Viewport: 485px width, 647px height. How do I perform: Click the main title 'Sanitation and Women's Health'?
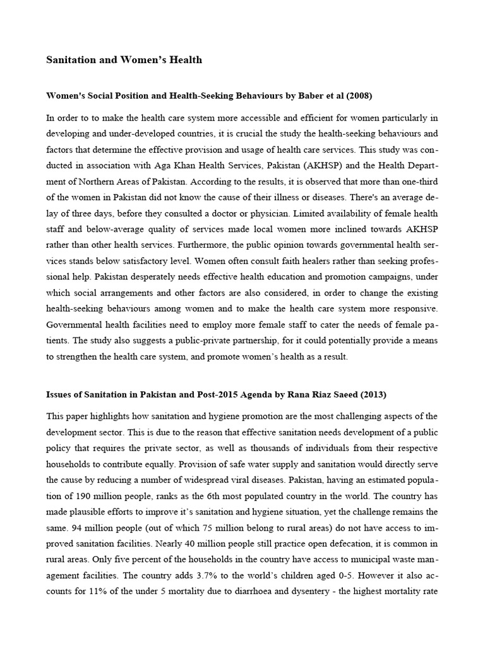(x=124, y=60)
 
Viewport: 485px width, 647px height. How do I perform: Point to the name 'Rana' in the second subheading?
(x=291, y=394)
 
